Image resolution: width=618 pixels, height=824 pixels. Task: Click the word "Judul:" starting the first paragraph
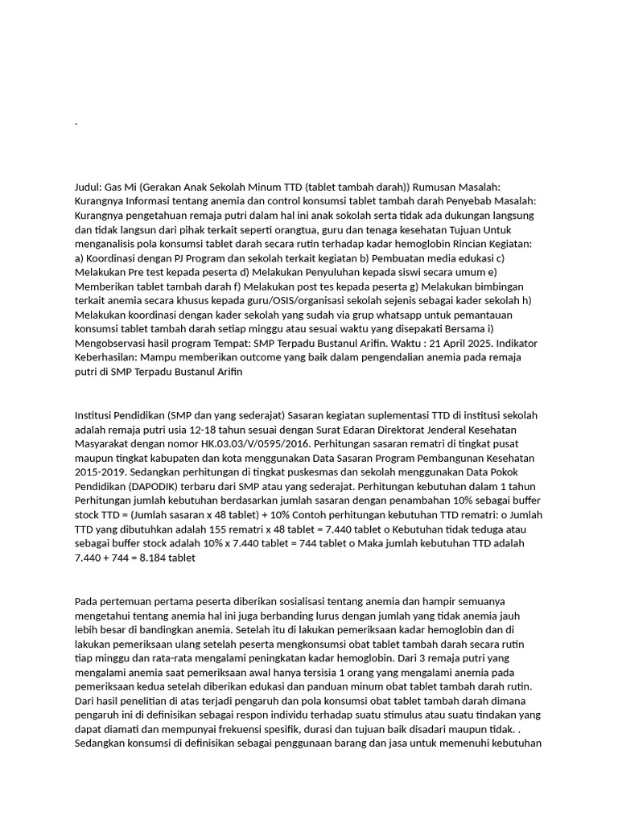click(89, 187)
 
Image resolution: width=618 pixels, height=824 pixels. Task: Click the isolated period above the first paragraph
click(76, 123)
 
